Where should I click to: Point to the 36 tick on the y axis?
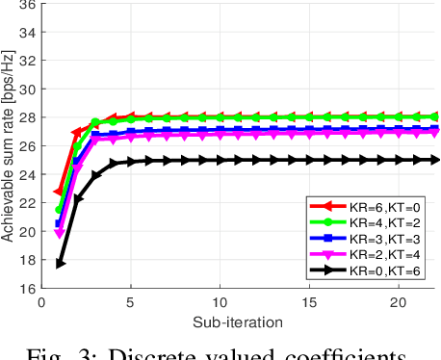[28, 5]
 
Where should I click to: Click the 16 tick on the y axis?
[28, 288]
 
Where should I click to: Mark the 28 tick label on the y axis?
[28, 117]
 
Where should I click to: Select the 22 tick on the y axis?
[28, 203]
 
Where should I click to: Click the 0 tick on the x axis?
[41, 301]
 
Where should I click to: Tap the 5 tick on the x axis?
[131, 301]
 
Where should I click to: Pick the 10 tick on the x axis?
[220, 301]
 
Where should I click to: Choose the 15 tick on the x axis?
[310, 301]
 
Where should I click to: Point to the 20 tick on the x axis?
[400, 301]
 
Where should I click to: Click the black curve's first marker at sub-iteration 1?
[60, 264]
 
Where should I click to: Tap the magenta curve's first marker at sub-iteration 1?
[60, 232]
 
